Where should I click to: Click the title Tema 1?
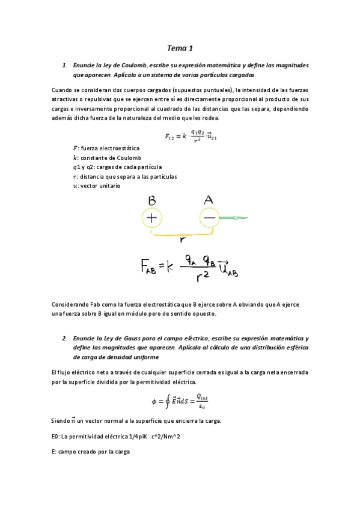pyautogui.click(x=180, y=48)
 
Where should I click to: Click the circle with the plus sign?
pyautogui.click(x=152, y=218)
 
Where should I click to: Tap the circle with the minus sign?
pyautogui.click(x=209, y=218)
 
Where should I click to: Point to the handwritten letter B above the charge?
pyautogui.click(x=152, y=200)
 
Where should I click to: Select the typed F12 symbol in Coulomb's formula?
pyautogui.click(x=171, y=136)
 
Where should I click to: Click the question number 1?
pyautogui.click(x=64, y=65)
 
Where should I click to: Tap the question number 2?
pyautogui.click(x=64, y=338)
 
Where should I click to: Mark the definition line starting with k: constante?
pyautogui.click(x=103, y=158)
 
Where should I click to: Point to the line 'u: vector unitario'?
pyautogui.click(x=96, y=186)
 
